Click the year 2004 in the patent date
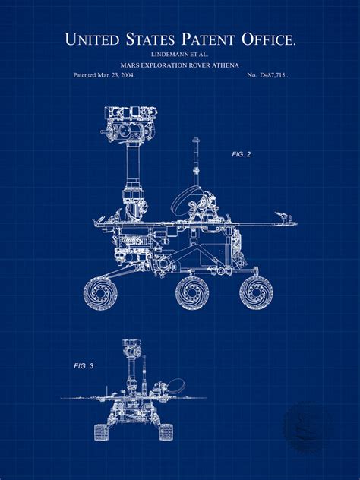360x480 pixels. (x=125, y=76)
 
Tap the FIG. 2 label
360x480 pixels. (x=242, y=154)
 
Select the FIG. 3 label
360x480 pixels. (x=84, y=366)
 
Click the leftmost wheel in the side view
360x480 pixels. (x=101, y=292)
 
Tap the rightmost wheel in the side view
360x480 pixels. (x=256, y=292)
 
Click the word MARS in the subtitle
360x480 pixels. (x=128, y=65)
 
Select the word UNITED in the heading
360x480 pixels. (x=91, y=39)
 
